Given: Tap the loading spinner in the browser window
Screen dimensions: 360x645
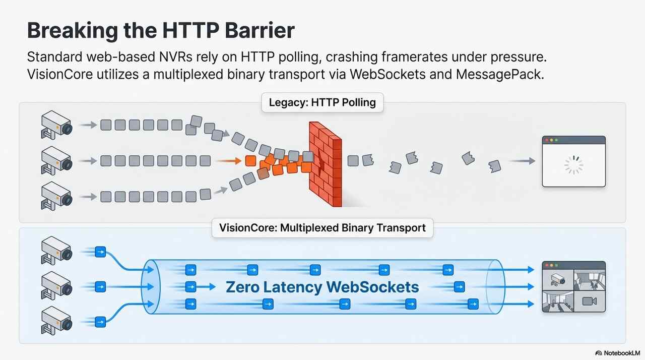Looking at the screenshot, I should (573, 165).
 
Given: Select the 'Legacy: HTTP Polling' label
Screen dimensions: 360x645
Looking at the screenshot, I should (322, 103).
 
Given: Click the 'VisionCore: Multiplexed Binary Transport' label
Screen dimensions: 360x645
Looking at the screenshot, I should (322, 227).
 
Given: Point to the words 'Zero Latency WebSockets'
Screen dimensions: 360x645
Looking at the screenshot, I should (322, 287).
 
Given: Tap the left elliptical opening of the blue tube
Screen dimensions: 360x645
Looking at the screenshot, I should (151, 287).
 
